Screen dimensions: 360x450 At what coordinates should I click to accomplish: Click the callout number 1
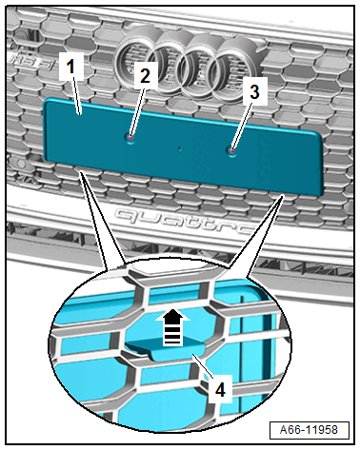click(70, 68)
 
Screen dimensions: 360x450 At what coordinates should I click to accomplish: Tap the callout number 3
click(254, 92)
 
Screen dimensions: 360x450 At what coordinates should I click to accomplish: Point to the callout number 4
click(220, 389)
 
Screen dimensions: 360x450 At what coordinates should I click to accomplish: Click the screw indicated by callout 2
click(130, 137)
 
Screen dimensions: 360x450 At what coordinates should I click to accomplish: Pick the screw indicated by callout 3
click(232, 150)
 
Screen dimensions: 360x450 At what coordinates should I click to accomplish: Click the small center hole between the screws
click(180, 148)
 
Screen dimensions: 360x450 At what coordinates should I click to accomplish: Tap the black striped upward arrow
click(173, 328)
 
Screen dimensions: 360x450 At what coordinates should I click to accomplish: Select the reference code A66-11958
click(309, 430)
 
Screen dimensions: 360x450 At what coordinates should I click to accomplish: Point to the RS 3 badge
click(31, 62)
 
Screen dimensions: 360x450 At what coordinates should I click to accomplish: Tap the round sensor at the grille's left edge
click(22, 164)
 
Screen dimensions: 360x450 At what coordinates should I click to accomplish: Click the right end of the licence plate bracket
click(321, 164)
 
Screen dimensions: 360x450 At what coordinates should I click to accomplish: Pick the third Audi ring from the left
click(201, 68)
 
